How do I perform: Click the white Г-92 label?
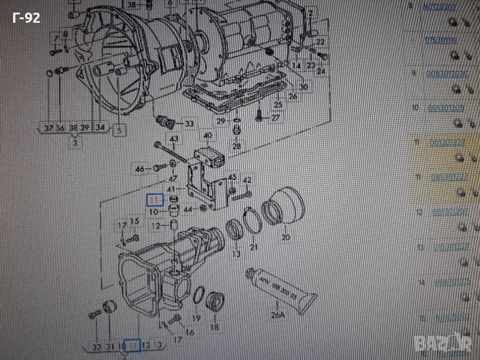tap(26, 19)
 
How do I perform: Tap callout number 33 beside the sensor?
tap(189, 124)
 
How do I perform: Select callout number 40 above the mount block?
tap(208, 136)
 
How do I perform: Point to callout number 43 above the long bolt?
tap(174, 140)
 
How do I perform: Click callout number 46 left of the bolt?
tap(140, 170)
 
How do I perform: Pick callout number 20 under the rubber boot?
tap(286, 237)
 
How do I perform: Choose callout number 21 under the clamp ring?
tap(253, 247)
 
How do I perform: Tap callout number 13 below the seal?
tap(236, 254)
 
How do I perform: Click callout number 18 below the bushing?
tap(214, 327)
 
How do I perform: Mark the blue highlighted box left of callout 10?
tap(155, 200)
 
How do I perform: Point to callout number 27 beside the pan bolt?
tap(275, 118)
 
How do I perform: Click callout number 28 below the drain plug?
tap(236, 146)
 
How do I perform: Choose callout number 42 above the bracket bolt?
tap(247, 180)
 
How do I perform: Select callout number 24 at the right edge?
tap(321, 71)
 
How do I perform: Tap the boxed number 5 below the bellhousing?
tap(118, 129)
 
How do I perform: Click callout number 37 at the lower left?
tap(49, 127)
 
